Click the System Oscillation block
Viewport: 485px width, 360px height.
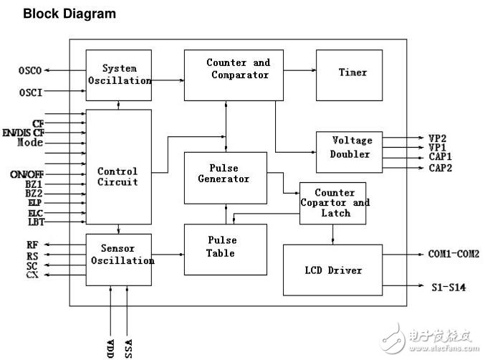[119, 75]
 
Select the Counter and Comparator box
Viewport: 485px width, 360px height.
[234, 75]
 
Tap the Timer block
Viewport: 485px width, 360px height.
[352, 74]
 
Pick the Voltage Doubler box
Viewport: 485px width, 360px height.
[350, 151]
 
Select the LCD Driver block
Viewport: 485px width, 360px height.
[333, 270]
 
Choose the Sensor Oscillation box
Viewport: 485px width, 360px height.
[119, 255]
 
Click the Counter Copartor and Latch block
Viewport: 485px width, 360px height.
[332, 204]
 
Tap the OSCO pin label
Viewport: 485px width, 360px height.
[30, 70]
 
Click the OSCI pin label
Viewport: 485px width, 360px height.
[30, 93]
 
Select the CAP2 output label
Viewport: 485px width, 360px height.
[440, 168]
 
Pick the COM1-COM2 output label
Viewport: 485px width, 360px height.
[453, 253]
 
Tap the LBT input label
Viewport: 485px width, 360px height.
[36, 222]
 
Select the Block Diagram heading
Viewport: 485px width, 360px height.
[69, 14]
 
